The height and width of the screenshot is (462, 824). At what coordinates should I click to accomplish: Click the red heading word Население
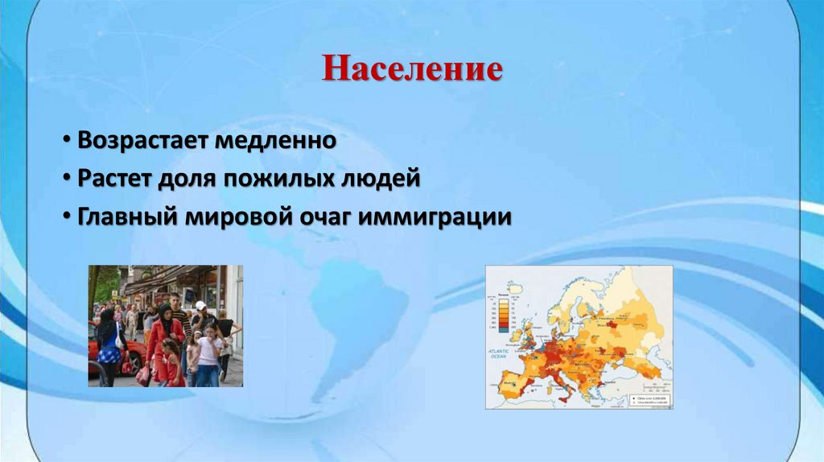pos(412,69)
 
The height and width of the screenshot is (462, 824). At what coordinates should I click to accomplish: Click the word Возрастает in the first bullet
pos(142,141)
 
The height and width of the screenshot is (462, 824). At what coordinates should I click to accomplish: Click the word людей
pos(384,178)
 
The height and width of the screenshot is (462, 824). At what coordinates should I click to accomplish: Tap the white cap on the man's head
pos(200,306)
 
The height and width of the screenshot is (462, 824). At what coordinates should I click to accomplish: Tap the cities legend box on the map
pos(651,398)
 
